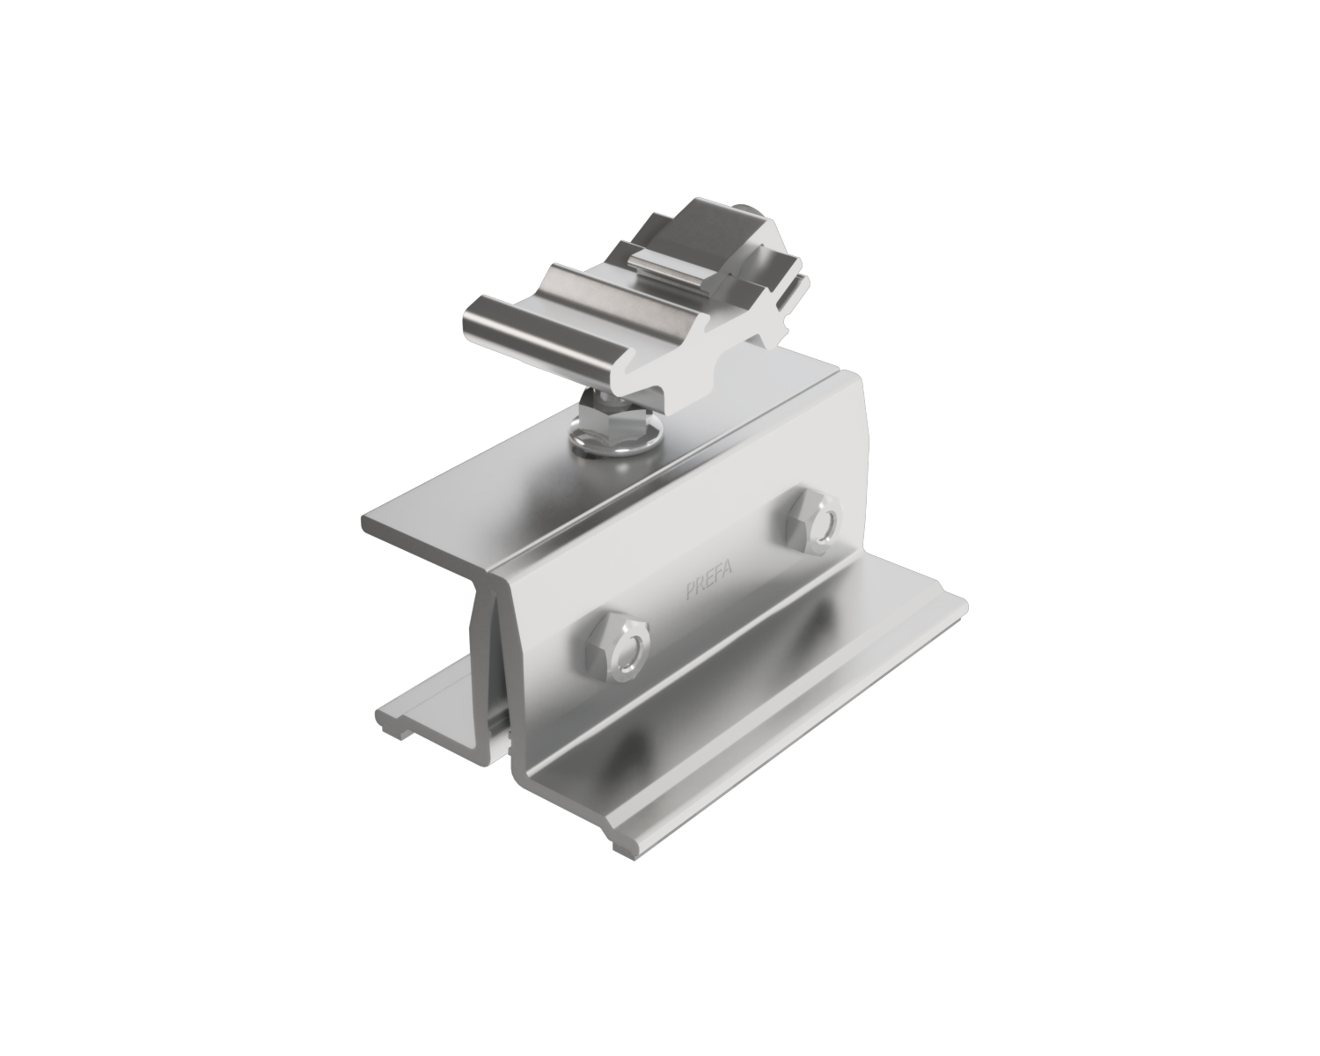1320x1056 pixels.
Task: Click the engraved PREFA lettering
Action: coord(708,581)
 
